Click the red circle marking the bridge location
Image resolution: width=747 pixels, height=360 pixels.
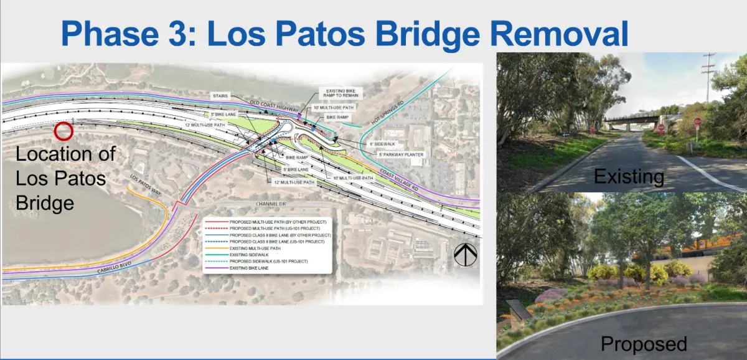click(63, 131)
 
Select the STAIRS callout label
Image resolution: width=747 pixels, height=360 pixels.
click(220, 96)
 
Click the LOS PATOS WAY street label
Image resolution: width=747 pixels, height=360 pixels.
click(144, 186)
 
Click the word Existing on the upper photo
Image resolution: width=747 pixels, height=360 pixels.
click(629, 176)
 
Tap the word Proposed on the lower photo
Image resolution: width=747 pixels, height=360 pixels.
click(644, 344)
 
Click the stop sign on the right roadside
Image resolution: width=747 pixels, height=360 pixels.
click(697, 123)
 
